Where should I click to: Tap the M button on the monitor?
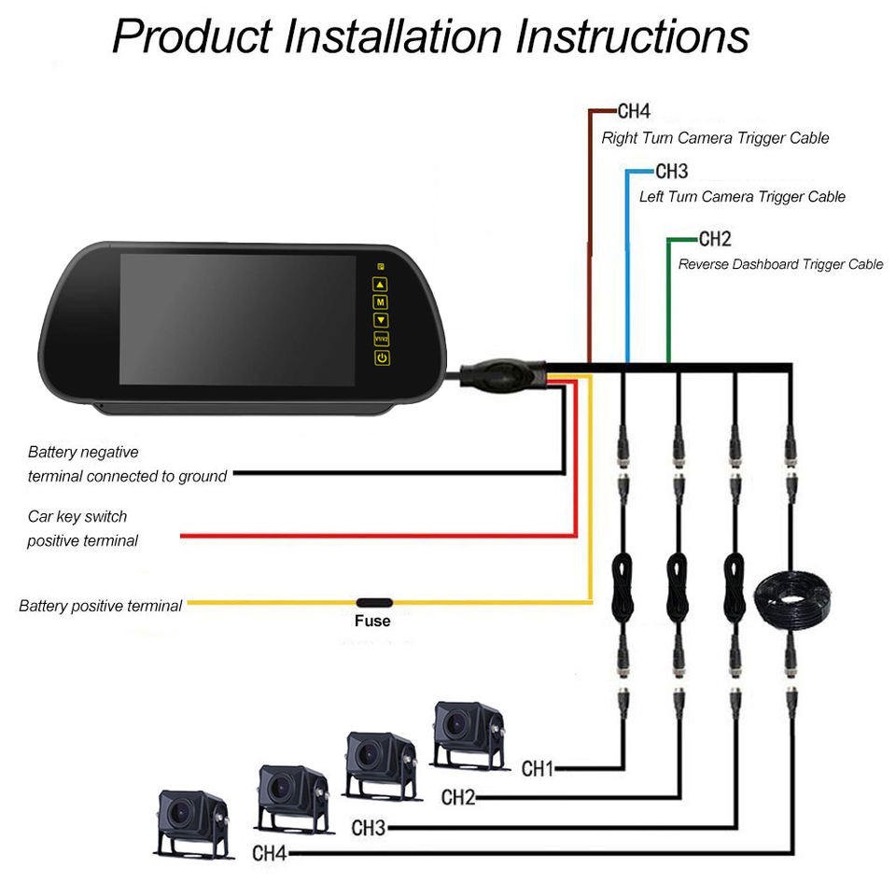pos(381,301)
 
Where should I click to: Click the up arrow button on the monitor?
pos(381,284)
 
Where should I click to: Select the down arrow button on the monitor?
pos(381,319)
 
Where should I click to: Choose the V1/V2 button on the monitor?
pos(381,339)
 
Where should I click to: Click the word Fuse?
pos(372,621)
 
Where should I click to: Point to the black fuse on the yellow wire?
pos(373,602)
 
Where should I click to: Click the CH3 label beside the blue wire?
pos(671,172)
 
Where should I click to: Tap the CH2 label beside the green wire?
pos(714,239)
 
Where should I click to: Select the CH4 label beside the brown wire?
pos(634,112)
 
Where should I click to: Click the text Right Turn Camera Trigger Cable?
pos(715,138)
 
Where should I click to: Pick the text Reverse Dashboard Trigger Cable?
pos(780,264)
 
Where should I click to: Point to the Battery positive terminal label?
pos(101,606)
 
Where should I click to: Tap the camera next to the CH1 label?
pos(469,733)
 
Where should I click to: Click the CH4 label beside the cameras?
pos(270,852)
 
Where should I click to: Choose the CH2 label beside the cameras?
pos(458,797)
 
